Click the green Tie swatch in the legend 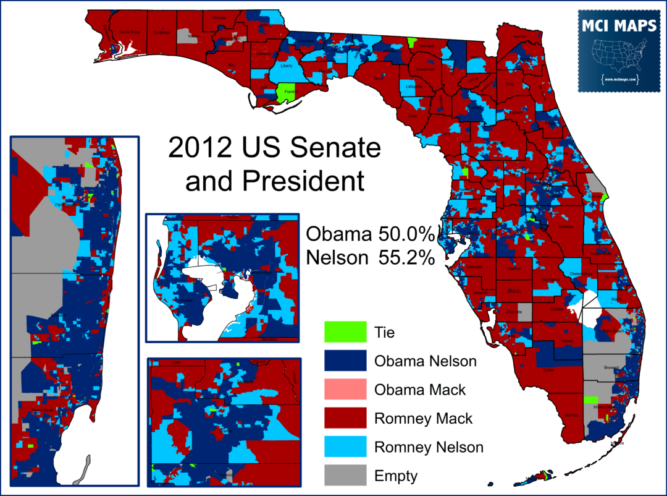point(345,332)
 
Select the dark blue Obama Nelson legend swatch point(345,361)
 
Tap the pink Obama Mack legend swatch point(345,390)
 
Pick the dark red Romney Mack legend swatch point(345,419)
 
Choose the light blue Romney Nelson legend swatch point(345,447)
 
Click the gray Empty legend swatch point(345,476)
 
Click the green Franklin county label point(288,92)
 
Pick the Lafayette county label point(414,87)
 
